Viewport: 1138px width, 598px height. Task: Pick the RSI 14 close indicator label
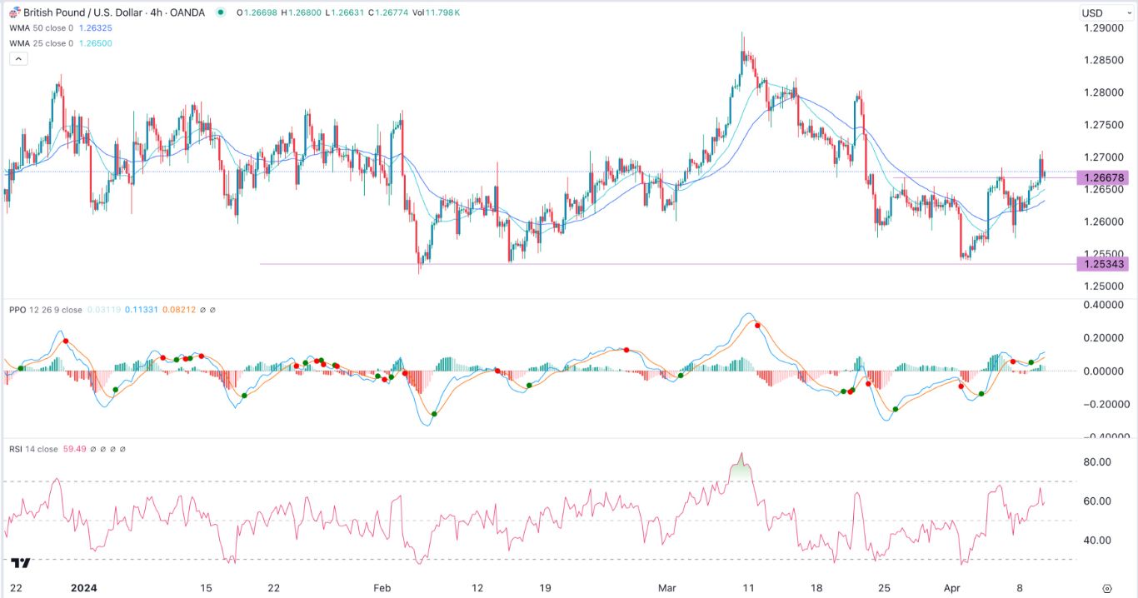click(x=33, y=449)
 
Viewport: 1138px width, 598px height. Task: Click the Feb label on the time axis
click(x=382, y=587)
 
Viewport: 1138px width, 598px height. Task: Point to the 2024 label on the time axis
click(x=83, y=587)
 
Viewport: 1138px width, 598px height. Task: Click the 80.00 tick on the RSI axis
click(x=1096, y=462)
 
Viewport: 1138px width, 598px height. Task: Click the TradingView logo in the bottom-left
click(x=21, y=563)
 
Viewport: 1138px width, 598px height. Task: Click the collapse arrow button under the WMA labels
click(x=18, y=59)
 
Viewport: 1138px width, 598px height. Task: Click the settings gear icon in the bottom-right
click(x=1106, y=587)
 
